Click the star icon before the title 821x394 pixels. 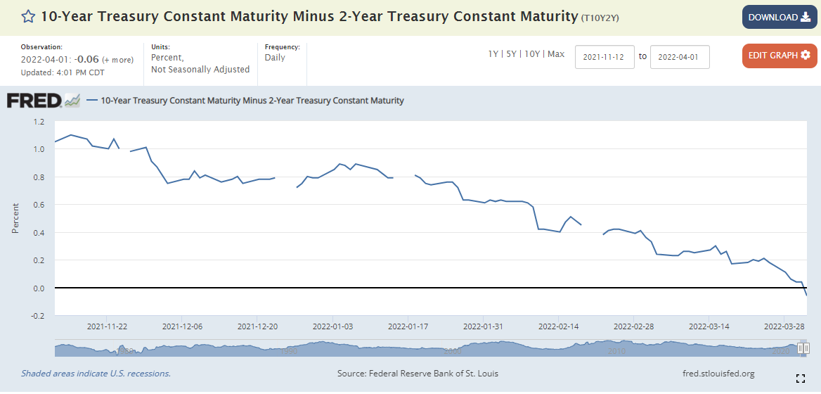28,16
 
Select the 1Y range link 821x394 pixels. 494,54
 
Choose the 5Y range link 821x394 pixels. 512,54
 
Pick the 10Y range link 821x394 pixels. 532,54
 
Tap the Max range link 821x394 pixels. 556,54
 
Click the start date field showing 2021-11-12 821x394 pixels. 605,57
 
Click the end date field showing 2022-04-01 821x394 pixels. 680,57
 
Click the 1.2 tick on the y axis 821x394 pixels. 38,122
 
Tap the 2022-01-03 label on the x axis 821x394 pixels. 332,326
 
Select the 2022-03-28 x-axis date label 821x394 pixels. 784,326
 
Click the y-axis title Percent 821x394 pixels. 15,219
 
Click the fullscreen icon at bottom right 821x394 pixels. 800,379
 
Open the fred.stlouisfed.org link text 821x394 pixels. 718,374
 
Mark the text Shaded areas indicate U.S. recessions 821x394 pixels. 96,374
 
